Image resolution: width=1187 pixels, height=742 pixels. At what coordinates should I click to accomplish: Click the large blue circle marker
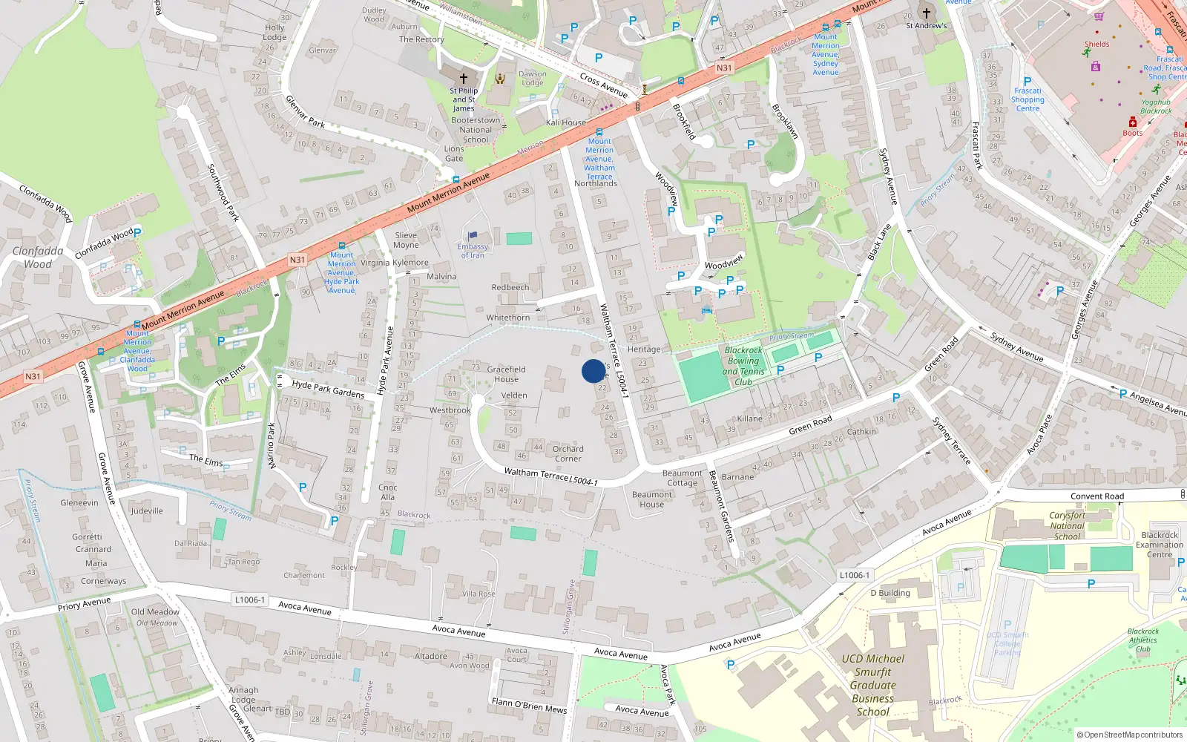pos(593,371)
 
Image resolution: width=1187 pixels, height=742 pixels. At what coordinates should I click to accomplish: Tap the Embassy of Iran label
pos(473,251)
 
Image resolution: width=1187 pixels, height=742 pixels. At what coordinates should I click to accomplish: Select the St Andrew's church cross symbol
pos(926,13)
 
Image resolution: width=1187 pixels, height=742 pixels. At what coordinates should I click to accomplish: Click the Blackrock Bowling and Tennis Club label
pos(743,366)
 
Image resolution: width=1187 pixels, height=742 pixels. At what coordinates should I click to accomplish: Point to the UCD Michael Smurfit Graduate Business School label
pos(873,685)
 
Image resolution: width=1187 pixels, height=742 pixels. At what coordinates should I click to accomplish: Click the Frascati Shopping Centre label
pos(1027,99)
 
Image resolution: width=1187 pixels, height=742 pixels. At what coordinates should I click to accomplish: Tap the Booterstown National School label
pos(476,130)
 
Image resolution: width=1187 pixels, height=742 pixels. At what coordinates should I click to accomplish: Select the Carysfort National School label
pos(1067,525)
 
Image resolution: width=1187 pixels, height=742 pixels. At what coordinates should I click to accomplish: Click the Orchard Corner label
pos(568,453)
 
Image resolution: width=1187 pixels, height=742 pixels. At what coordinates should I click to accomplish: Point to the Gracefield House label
pos(507,374)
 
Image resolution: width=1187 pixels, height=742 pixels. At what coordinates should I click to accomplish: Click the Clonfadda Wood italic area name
pos(38,257)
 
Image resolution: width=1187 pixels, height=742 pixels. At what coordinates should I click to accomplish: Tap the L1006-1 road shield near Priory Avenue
pos(249,600)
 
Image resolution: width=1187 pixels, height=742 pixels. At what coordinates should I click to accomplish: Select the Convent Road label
pos(1097,496)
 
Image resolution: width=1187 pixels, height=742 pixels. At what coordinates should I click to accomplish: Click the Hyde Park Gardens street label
pos(328,389)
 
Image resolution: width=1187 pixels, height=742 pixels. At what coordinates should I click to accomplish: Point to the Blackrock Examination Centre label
pos(1160,545)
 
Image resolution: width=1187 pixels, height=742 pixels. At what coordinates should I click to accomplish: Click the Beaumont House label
pos(652,499)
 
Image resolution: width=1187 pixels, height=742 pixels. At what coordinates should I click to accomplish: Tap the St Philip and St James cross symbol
pos(464,78)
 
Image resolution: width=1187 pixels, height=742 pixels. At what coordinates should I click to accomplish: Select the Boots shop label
pos(1132,133)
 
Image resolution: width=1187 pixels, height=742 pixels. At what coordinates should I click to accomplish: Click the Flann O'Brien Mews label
pos(529,705)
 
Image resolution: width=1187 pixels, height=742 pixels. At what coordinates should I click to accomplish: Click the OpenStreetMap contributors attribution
pos(1130,735)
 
